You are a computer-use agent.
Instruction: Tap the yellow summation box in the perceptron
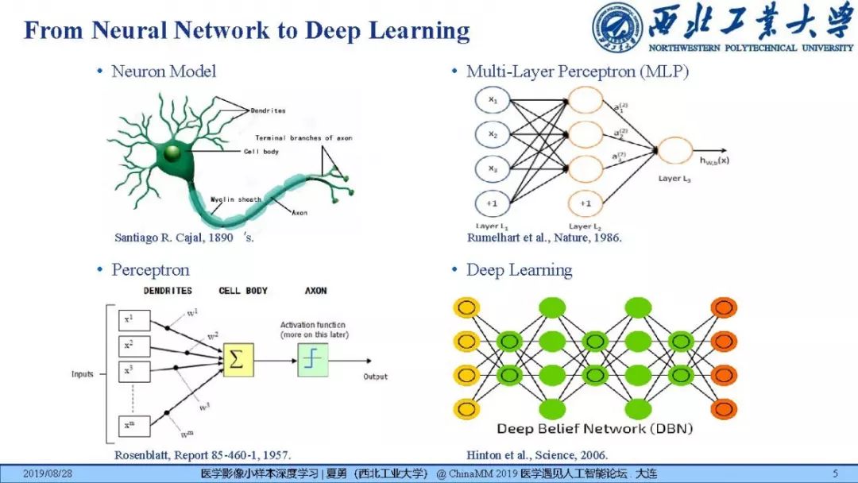point(238,360)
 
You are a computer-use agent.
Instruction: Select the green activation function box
point(313,360)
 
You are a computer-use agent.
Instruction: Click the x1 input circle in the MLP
point(493,101)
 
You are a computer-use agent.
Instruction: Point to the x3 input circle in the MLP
point(493,168)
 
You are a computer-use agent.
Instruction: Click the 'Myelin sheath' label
point(236,199)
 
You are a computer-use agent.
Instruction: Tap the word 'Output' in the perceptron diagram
point(375,376)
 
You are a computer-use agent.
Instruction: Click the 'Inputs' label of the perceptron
point(82,374)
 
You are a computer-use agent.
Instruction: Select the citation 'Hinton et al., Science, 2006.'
point(537,455)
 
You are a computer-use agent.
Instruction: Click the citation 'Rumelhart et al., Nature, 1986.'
point(544,238)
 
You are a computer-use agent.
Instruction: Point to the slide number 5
point(835,474)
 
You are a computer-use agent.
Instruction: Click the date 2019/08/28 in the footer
point(48,474)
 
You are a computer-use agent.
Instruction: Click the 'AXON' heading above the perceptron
point(315,291)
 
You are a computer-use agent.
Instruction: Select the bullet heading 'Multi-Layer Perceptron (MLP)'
point(577,71)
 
